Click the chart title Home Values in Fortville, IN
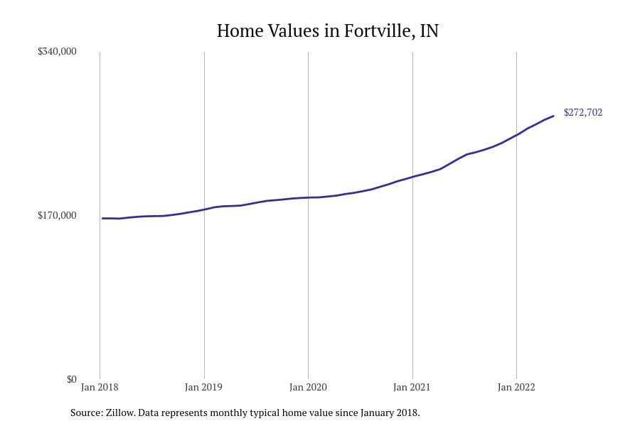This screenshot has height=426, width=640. (x=327, y=31)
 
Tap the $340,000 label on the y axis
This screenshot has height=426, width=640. (x=57, y=52)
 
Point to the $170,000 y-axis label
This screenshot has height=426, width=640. (x=57, y=216)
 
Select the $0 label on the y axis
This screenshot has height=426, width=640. (x=71, y=379)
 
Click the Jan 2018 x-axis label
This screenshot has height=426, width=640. (x=100, y=388)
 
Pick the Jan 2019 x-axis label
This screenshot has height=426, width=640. (x=203, y=388)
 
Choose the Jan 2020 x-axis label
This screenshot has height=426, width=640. (x=308, y=388)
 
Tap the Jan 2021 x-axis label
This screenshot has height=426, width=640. (x=412, y=388)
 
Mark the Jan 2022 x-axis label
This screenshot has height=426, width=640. (x=516, y=388)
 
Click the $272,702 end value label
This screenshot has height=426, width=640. (x=583, y=113)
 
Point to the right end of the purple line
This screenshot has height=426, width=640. (x=553, y=116)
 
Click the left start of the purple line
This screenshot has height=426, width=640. (x=102, y=218)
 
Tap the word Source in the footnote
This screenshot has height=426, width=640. (x=85, y=413)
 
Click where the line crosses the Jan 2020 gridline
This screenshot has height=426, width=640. (x=308, y=197)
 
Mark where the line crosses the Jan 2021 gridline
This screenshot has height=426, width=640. (x=412, y=176)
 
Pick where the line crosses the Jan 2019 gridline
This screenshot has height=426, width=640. (x=204, y=209)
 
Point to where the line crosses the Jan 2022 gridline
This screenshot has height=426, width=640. (x=516, y=135)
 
